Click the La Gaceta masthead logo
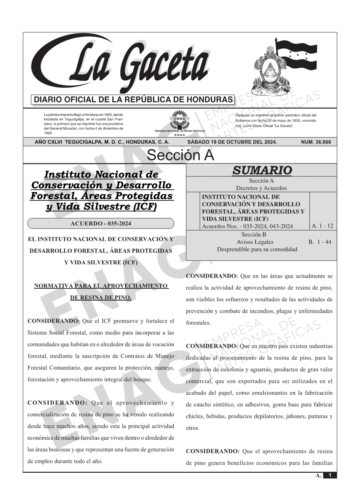[122, 65]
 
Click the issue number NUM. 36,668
[316, 142]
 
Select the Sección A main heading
[180, 155]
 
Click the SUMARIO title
[262, 170]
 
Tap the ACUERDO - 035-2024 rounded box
[101, 224]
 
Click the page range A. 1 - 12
[322, 226]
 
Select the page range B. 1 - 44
[320, 242]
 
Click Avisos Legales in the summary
[255, 242]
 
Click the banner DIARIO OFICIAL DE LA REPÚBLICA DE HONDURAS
[133, 100]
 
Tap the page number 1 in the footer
[330, 475]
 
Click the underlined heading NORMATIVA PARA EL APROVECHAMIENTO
[101, 286]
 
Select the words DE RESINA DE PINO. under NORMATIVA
[101, 298]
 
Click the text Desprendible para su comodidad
[257, 250]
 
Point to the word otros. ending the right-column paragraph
[193, 428]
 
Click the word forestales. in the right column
[198, 323]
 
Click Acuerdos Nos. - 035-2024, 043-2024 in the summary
[247, 226]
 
